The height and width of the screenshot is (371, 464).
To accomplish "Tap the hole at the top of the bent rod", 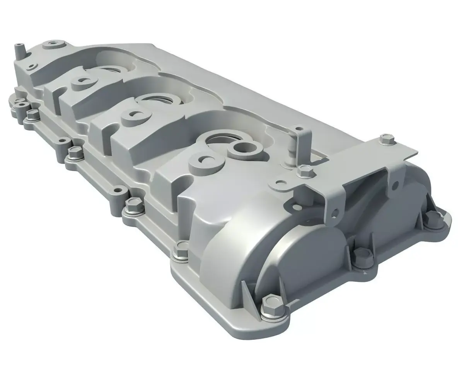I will click(297, 128).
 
